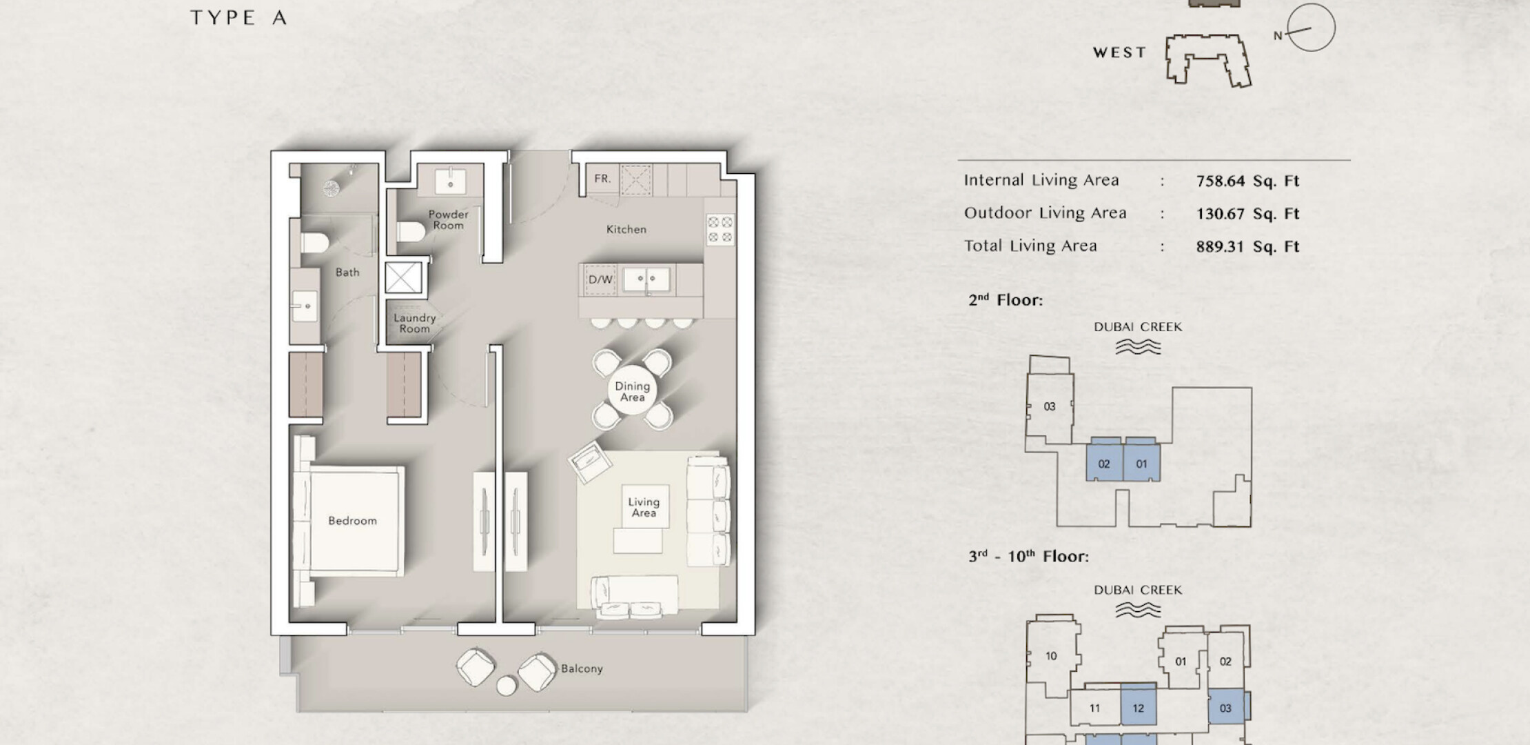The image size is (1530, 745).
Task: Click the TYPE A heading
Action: [238, 18]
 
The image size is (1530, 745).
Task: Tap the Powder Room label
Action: [448, 219]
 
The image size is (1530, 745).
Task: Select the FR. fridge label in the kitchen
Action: [602, 179]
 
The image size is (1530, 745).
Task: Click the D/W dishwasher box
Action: [600, 279]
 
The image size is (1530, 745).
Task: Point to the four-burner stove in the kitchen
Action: [720, 230]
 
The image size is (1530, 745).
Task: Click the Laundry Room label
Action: [414, 323]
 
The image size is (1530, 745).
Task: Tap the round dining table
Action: [632, 391]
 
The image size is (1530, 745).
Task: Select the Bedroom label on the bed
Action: [352, 521]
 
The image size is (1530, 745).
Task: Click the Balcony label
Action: [582, 668]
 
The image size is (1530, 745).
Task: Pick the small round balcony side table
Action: [507, 686]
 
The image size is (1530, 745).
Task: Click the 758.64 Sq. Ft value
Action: [1247, 181]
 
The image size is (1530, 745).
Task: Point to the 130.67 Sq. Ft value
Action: [1247, 214]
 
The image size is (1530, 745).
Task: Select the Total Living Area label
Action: [1030, 246]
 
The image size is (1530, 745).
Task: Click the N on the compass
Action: [1278, 36]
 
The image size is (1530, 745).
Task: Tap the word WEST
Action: [1120, 52]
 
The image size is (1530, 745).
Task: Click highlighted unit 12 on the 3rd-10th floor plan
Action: [1139, 707]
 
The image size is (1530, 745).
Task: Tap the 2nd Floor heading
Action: [1006, 300]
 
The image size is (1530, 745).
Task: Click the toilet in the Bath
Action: [314, 243]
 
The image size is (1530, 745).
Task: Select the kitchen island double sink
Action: [646, 279]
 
